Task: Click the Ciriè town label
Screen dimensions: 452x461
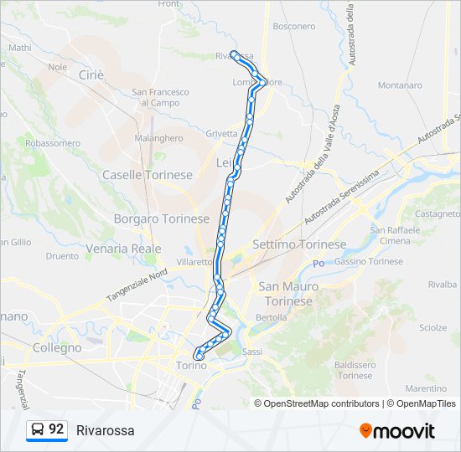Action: tap(91, 74)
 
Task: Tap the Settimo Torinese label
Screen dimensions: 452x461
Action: tap(299, 244)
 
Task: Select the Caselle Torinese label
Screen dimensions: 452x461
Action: tap(148, 175)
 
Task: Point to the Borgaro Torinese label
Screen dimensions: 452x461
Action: tap(161, 218)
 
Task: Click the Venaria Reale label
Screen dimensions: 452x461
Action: tap(123, 249)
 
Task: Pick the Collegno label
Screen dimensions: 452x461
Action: tap(57, 347)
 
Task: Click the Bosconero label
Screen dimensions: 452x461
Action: tap(294, 27)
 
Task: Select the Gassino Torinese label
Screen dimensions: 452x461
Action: tap(369, 262)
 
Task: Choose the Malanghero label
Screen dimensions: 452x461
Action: tap(158, 138)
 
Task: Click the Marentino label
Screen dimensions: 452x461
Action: tap(426, 388)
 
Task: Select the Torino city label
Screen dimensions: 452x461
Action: tap(191, 366)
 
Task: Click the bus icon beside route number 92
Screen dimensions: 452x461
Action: tap(38, 429)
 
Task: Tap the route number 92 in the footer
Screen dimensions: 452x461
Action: tap(56, 429)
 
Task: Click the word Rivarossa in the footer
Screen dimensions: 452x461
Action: tap(105, 430)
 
